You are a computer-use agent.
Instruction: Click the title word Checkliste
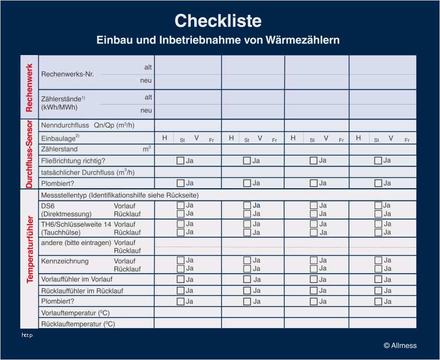click(x=218, y=21)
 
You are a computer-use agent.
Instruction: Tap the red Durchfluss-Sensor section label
click(x=30, y=155)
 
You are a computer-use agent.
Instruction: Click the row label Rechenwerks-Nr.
click(x=68, y=74)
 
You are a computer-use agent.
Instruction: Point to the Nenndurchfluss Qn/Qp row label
click(x=87, y=126)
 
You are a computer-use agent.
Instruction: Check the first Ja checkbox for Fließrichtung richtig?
click(x=180, y=161)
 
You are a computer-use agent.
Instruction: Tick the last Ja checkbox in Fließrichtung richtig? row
click(x=378, y=161)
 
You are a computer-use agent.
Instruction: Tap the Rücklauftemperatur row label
click(x=78, y=324)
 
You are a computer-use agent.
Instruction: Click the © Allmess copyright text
click(x=400, y=346)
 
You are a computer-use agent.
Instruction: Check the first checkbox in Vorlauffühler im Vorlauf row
click(x=180, y=279)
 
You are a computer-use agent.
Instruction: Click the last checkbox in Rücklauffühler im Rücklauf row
click(x=378, y=290)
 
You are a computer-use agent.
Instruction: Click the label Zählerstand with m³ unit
click(x=59, y=149)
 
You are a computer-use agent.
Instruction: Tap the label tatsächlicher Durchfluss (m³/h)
click(x=87, y=172)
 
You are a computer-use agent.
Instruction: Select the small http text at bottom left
click(x=27, y=335)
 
